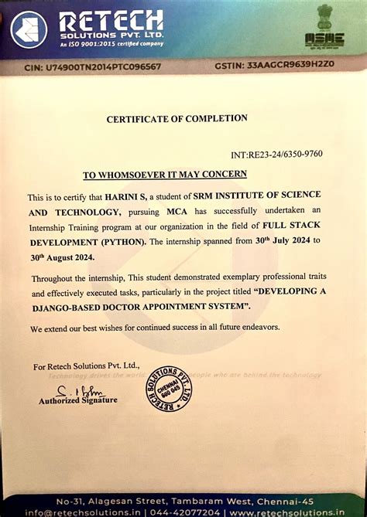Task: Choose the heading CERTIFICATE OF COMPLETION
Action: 177,118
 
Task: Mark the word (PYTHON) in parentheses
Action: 122,241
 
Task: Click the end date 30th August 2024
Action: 61,257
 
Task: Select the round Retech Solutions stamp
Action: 169,388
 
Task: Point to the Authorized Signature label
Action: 78,400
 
